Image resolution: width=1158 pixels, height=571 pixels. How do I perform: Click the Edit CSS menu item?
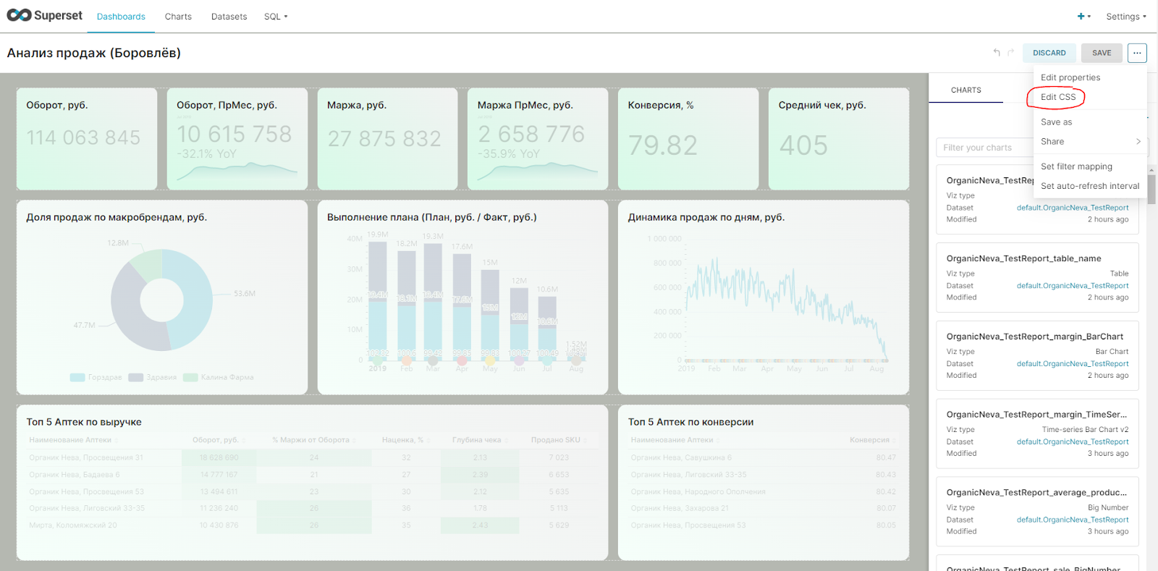[x=1057, y=97]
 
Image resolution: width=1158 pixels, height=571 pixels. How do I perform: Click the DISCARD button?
[x=1049, y=53]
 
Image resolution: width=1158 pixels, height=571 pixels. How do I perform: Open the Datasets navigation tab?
[x=229, y=17]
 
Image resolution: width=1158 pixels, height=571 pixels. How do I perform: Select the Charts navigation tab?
[x=178, y=17]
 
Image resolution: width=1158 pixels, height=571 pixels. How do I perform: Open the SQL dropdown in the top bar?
[x=275, y=17]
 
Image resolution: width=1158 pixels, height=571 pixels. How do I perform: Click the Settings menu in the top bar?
[x=1125, y=17]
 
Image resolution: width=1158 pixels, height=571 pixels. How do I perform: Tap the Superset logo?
[x=45, y=15]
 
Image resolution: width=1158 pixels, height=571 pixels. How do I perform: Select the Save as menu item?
[x=1056, y=122]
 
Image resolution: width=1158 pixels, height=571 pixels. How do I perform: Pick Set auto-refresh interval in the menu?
[x=1089, y=186]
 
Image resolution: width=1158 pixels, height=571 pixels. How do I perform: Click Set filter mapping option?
[x=1076, y=166]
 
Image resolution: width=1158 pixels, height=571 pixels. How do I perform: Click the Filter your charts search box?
[x=984, y=148]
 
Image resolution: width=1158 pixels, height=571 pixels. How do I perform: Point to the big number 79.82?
[x=662, y=145]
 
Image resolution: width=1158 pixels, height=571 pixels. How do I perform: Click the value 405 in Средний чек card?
[x=803, y=145]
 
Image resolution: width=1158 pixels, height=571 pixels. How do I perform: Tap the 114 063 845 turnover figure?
[x=83, y=138]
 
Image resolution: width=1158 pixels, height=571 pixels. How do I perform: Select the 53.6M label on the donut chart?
[x=244, y=294]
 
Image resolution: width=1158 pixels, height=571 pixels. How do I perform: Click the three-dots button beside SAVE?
[x=1136, y=53]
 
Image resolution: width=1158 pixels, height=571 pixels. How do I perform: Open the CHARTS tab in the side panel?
[x=965, y=90]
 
